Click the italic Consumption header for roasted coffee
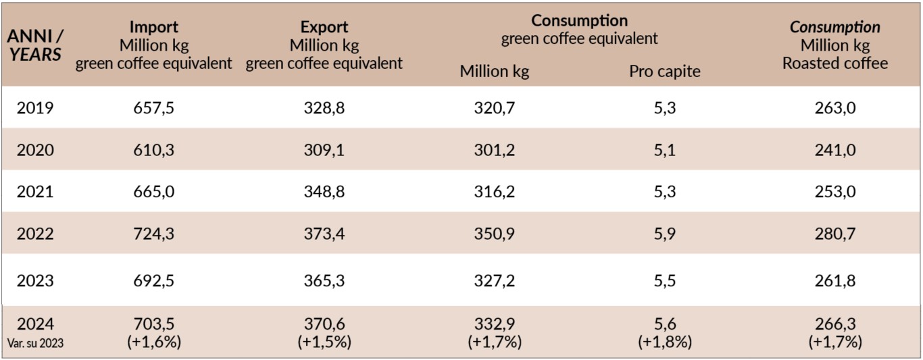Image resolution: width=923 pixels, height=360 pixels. pyautogui.click(x=835, y=28)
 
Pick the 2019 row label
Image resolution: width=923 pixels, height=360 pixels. pyautogui.click(x=35, y=107)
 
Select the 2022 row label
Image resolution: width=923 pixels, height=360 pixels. pyautogui.click(x=35, y=234)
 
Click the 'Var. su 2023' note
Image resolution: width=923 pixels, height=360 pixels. pyautogui.click(x=35, y=343)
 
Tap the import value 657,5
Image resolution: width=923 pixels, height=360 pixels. pyautogui.click(x=153, y=107)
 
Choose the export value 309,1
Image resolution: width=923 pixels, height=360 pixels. pyautogui.click(x=324, y=149)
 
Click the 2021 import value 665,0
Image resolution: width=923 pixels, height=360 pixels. pyautogui.click(x=153, y=192)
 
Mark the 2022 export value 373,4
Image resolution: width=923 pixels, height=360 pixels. pyautogui.click(x=324, y=234)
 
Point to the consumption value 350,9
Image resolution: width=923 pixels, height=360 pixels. pyautogui.click(x=495, y=234)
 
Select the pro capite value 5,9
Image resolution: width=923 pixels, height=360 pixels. pyautogui.click(x=665, y=234)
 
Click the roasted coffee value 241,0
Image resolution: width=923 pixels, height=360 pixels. pyautogui.click(x=835, y=149)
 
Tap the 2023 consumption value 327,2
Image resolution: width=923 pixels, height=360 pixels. pyautogui.click(x=495, y=280)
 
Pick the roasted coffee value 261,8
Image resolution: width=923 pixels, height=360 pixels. pyautogui.click(x=835, y=280)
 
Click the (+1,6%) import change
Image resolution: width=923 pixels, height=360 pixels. pyautogui.click(x=153, y=342)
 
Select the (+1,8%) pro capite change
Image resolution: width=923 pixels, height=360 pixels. pyautogui.click(x=665, y=342)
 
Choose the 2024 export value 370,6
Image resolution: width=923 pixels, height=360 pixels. pyautogui.click(x=324, y=325)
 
